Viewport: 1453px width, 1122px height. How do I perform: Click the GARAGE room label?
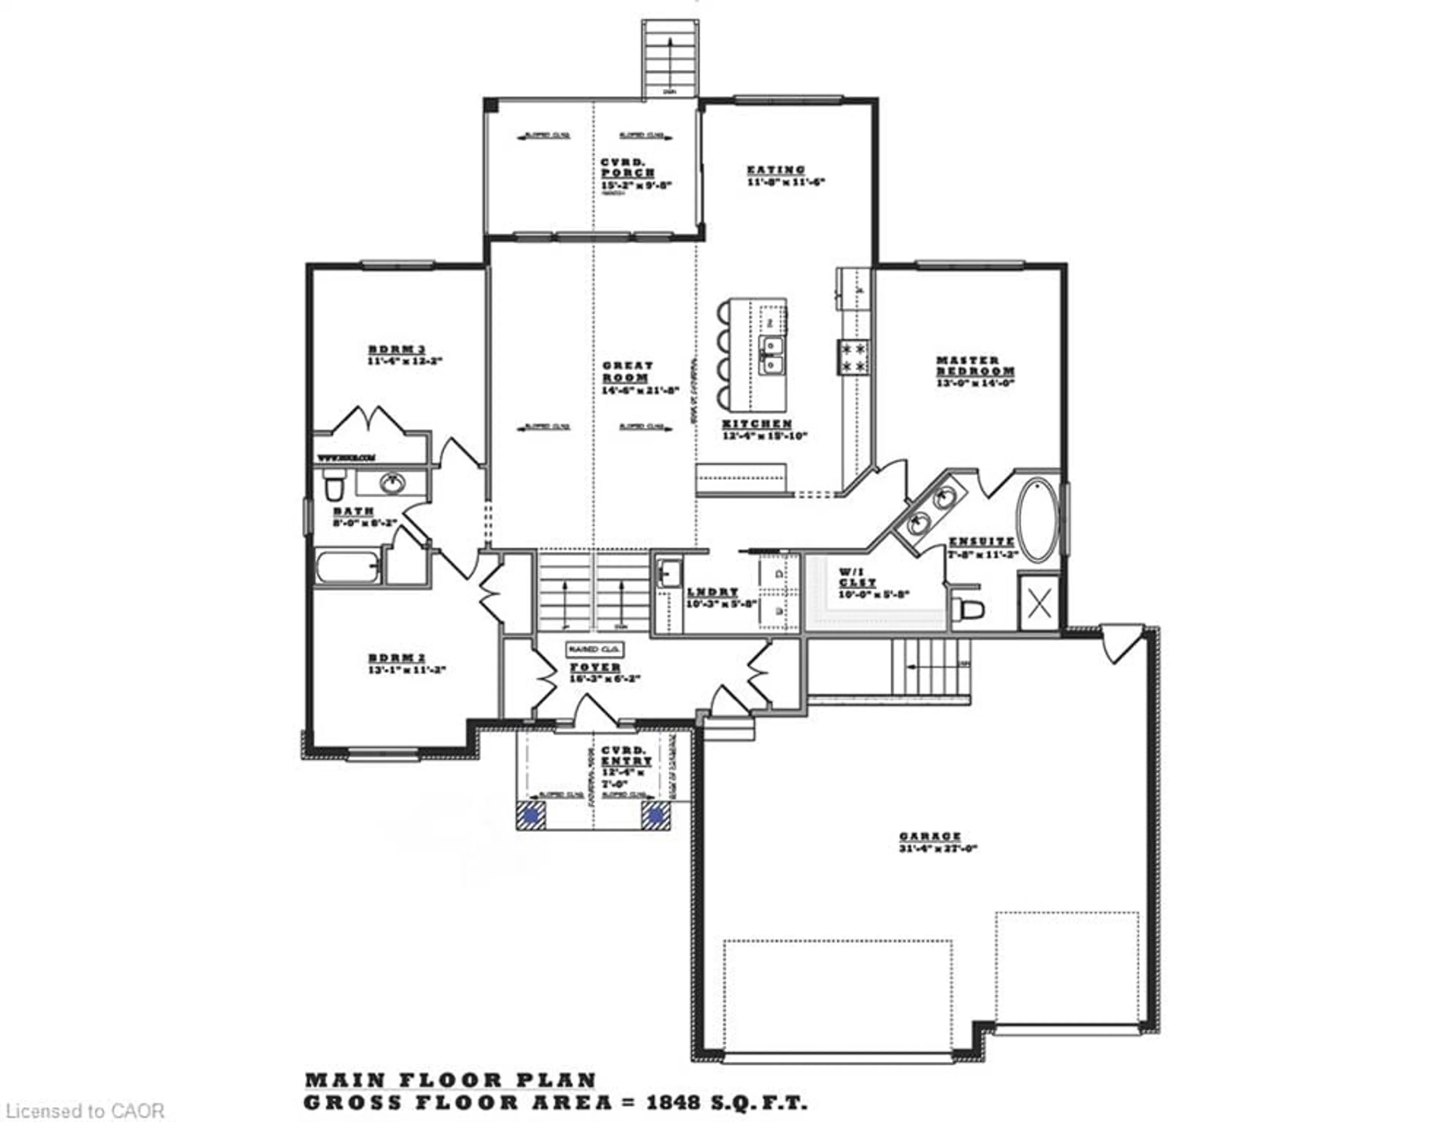coord(930,836)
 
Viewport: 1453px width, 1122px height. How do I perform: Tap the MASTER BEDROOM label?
coord(975,365)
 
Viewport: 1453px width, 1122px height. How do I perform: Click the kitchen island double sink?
coord(772,355)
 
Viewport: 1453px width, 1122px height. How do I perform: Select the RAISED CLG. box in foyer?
coord(594,648)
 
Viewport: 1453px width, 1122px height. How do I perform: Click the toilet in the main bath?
coord(334,485)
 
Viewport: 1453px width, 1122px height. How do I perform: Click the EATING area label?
coord(776,170)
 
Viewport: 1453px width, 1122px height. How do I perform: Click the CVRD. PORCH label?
coord(627,168)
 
